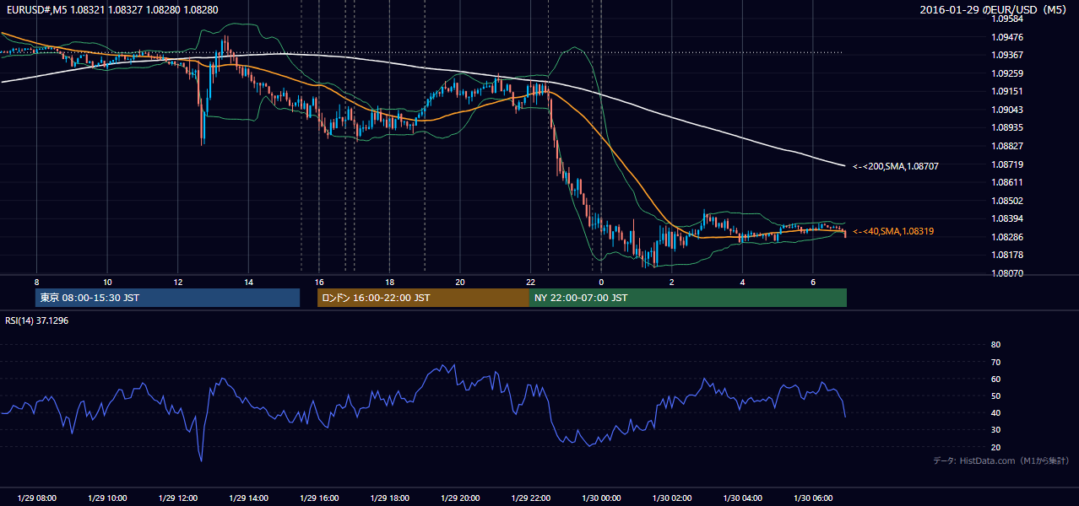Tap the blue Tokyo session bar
(168, 298)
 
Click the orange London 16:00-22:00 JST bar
(424, 298)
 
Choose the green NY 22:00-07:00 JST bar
(688, 298)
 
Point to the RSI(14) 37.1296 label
(36, 320)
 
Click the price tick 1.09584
(1007, 19)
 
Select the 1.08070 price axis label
(1007, 273)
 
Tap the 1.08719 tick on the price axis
(1007, 164)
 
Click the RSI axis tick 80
(995, 344)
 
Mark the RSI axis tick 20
(995, 447)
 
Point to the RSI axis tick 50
(995, 396)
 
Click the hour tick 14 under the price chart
(248, 283)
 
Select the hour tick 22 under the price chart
(530, 283)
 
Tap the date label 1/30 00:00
(601, 498)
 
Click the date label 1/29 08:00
(36, 498)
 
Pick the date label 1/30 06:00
(813, 498)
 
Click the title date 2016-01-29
(950, 9)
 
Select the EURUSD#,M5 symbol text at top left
(37, 9)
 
